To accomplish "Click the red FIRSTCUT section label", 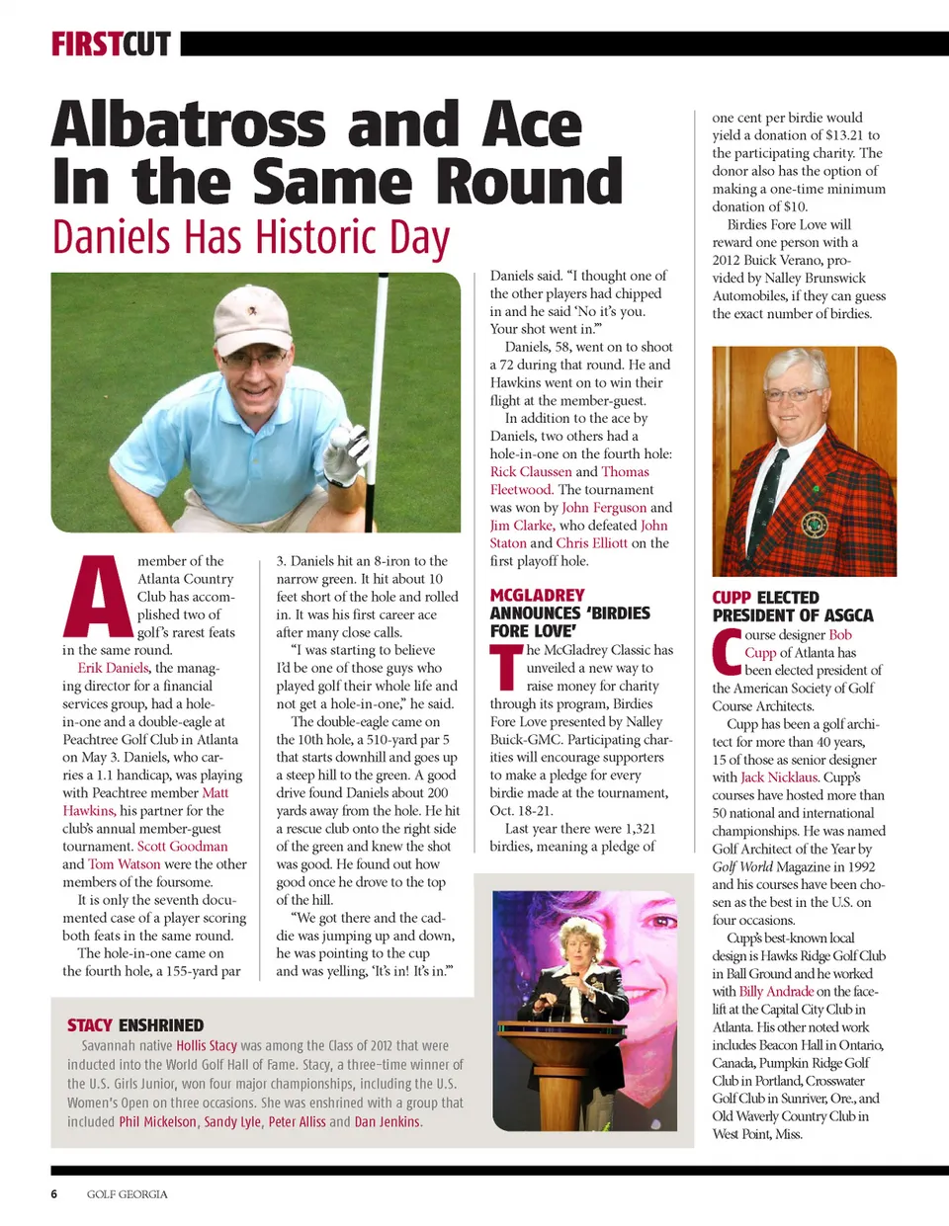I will coord(111,44).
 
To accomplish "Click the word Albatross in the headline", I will coord(188,125).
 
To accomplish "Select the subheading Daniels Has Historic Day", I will coord(251,237).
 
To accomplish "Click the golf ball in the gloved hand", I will coord(339,437).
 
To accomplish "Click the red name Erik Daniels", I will coord(113,668).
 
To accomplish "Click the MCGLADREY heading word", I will coord(537,595).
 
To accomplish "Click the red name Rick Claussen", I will coord(531,471).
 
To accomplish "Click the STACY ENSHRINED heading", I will coord(135,1025).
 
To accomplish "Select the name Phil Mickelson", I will coord(158,1121).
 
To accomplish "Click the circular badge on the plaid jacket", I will coord(815,524).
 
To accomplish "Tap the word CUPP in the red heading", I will coord(732,598).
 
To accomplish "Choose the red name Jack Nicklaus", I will coord(779,776).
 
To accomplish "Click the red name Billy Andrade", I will coord(776,991).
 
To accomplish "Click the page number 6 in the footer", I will coord(54,1193).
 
